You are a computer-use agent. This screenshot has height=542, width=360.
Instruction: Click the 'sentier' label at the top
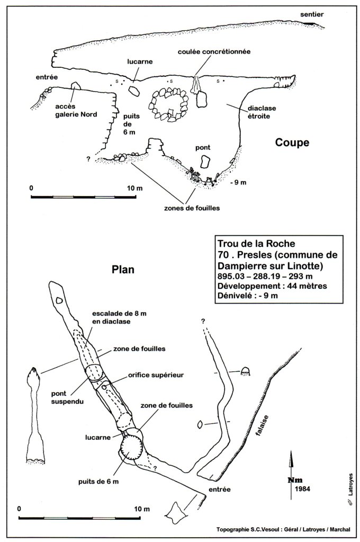click(x=312, y=14)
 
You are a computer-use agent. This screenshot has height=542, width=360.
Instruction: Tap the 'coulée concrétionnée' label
click(x=214, y=52)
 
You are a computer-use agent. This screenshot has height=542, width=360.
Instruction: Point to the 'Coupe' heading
click(x=292, y=143)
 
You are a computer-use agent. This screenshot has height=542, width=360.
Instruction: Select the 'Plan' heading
click(x=123, y=269)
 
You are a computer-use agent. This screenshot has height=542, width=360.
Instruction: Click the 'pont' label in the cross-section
click(x=202, y=148)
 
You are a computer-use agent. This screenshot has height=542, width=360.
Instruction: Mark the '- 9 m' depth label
click(x=238, y=182)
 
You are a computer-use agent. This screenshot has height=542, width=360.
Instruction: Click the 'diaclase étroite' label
click(x=261, y=112)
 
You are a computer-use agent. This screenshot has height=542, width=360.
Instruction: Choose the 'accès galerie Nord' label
click(x=76, y=111)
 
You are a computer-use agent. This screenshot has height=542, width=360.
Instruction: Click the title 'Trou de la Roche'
click(x=256, y=244)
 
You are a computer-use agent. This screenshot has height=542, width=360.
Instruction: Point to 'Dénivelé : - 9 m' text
click(x=247, y=296)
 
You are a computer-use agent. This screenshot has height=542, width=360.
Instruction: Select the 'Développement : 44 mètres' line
click(x=272, y=286)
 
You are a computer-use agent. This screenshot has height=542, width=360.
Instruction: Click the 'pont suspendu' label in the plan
click(x=67, y=397)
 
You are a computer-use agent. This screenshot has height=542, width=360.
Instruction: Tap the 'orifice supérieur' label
click(x=156, y=375)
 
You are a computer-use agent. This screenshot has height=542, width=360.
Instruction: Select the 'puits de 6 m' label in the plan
click(x=98, y=482)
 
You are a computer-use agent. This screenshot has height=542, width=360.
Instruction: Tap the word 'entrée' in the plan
click(x=219, y=490)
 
